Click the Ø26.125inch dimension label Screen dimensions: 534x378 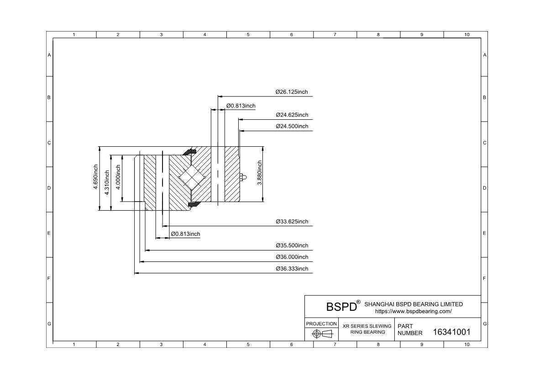(x=292, y=92)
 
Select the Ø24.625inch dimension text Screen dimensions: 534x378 (x=292, y=115)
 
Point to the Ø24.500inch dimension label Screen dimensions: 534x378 (x=292, y=126)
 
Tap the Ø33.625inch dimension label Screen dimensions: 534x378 (x=292, y=222)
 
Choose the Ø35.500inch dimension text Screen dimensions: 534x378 (x=292, y=245)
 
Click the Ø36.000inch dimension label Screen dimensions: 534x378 (x=292, y=257)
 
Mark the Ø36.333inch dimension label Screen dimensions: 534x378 (x=292, y=269)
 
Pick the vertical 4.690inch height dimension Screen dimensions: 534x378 (x=96, y=177)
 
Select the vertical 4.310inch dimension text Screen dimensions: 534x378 (x=107, y=182)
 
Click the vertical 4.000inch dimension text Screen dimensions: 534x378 (x=118, y=177)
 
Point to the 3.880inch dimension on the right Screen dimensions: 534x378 (x=260, y=173)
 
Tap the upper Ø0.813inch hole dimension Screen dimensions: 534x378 (x=241, y=106)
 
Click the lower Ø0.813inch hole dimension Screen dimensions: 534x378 (x=186, y=234)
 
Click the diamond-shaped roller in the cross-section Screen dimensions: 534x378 (x=191, y=177)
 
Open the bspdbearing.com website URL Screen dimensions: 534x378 (x=414, y=311)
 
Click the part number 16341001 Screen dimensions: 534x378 (x=451, y=332)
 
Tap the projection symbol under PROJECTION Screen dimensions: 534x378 (x=322, y=334)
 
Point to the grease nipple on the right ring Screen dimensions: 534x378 (x=242, y=177)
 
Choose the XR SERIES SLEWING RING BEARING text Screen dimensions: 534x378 (x=367, y=329)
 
